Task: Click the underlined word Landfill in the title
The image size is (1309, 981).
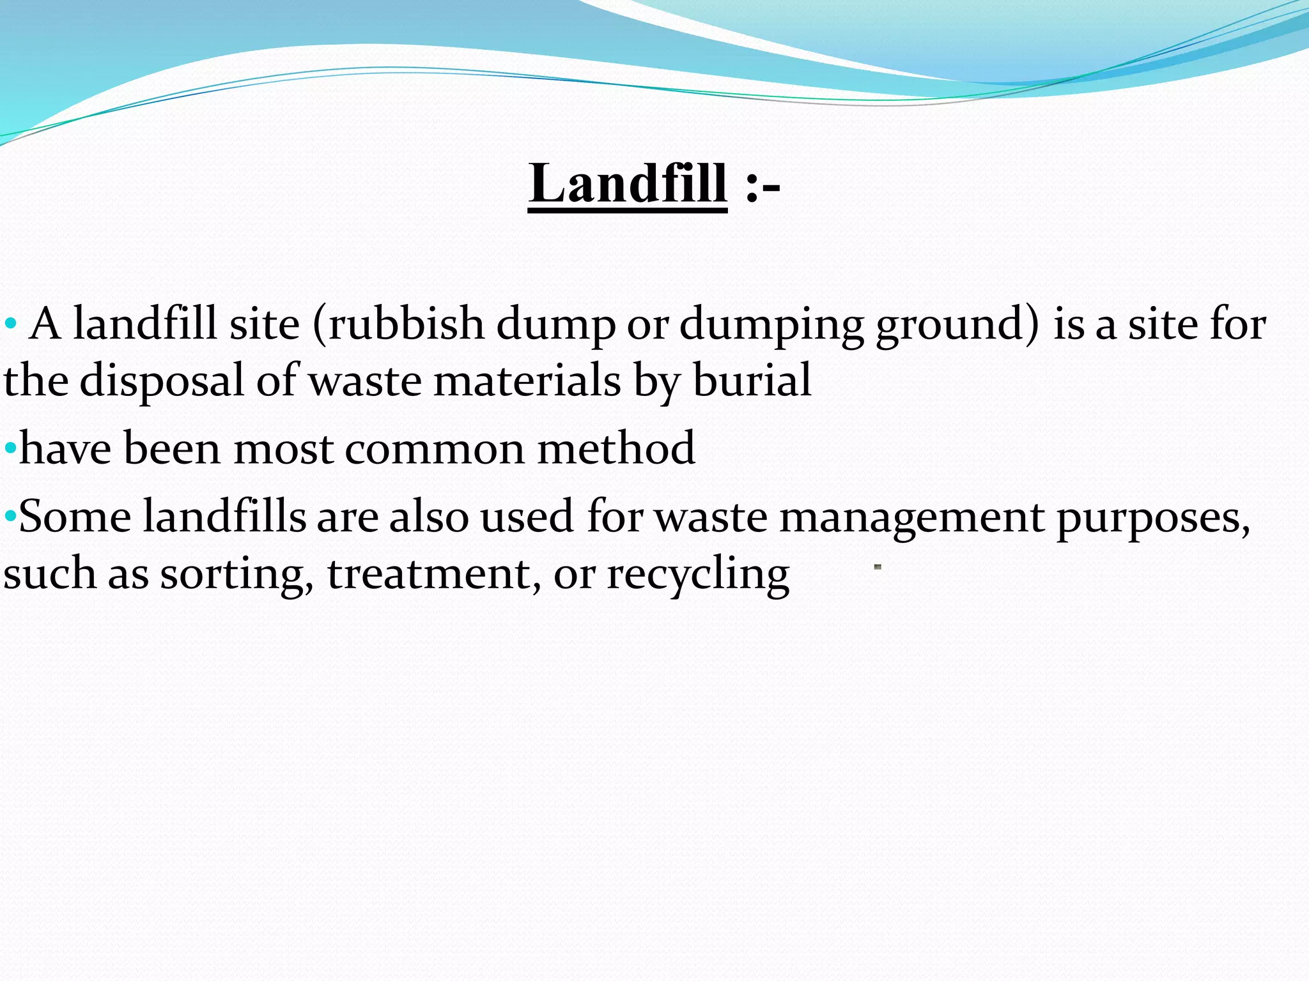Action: click(627, 184)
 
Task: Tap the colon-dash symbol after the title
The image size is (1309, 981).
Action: click(763, 186)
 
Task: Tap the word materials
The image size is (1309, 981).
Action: click(527, 381)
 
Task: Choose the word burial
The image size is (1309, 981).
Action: click(752, 381)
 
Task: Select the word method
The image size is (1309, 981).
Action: click(616, 448)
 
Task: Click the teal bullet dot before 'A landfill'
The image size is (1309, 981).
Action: click(10, 325)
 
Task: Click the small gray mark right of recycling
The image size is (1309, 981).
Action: click(878, 567)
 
